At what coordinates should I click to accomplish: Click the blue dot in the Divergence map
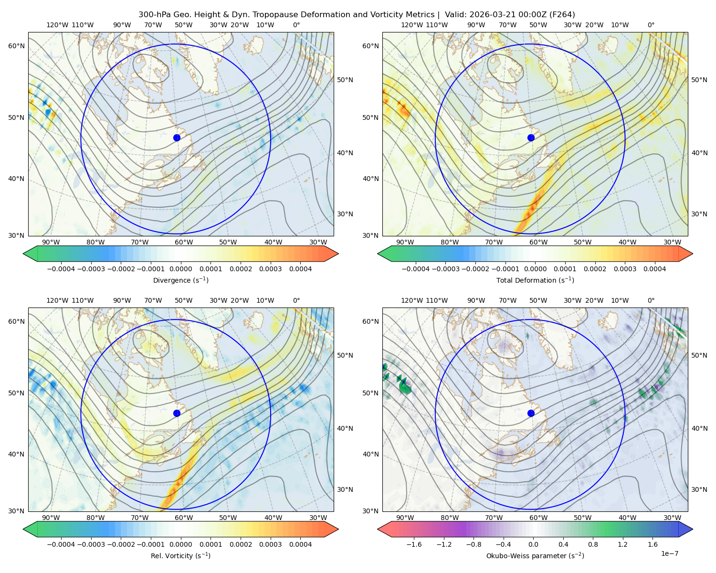coord(177,138)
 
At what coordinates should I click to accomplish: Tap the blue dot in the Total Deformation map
coord(531,138)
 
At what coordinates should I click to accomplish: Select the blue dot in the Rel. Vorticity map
coord(177,413)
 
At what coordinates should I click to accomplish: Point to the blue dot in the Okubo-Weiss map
coord(531,413)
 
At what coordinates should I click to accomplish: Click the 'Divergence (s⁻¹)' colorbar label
coord(180,280)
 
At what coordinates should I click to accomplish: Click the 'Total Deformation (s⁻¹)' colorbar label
coord(535,280)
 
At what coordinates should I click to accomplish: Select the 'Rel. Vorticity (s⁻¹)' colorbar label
coord(180,555)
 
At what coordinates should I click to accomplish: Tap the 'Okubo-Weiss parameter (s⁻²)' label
coord(535,555)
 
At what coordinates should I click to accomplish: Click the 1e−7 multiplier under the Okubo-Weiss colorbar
coord(669,553)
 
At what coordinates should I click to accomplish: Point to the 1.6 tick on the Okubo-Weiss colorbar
coord(653,544)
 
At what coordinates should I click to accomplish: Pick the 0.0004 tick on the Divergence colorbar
coord(300,269)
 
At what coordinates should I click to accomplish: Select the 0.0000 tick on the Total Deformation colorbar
coord(535,269)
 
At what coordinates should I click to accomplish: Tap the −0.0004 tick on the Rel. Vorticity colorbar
coord(61,544)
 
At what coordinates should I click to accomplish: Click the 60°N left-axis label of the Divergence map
coord(16,46)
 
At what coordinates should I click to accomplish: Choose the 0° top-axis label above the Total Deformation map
coord(651,25)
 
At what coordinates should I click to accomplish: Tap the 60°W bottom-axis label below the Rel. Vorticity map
coord(184,518)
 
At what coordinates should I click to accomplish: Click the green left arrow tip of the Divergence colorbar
coord(23,254)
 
